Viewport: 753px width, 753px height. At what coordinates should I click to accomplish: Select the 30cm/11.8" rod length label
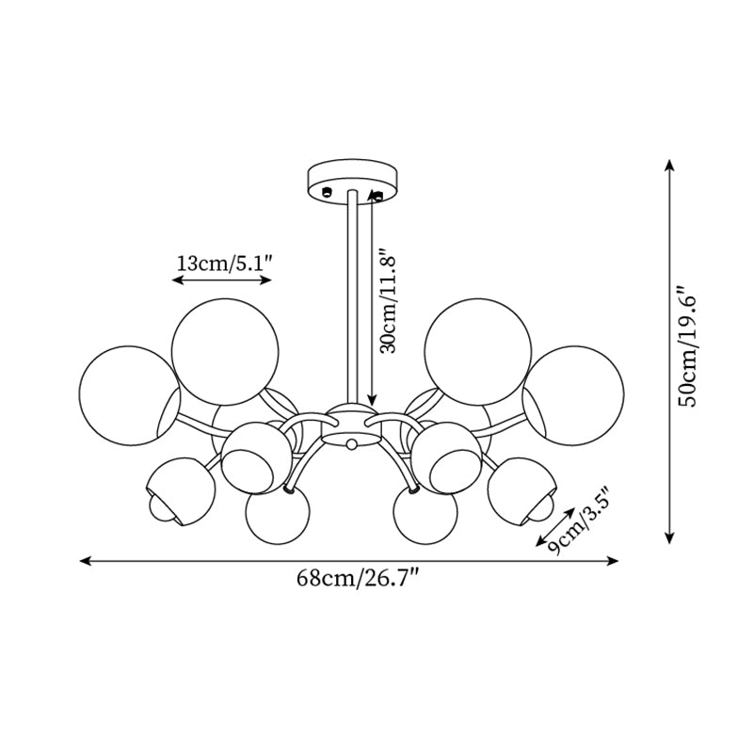click(389, 301)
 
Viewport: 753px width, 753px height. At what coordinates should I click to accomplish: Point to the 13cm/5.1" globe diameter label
click(225, 264)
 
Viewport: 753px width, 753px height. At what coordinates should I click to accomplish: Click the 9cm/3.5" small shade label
click(582, 522)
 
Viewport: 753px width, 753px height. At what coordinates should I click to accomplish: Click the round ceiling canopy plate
click(352, 180)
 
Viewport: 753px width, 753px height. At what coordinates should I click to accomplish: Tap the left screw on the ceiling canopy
click(328, 192)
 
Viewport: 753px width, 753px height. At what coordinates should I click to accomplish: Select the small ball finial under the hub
click(352, 444)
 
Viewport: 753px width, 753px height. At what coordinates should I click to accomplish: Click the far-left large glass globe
click(127, 395)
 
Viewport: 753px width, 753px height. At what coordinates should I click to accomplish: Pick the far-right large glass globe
click(574, 395)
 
